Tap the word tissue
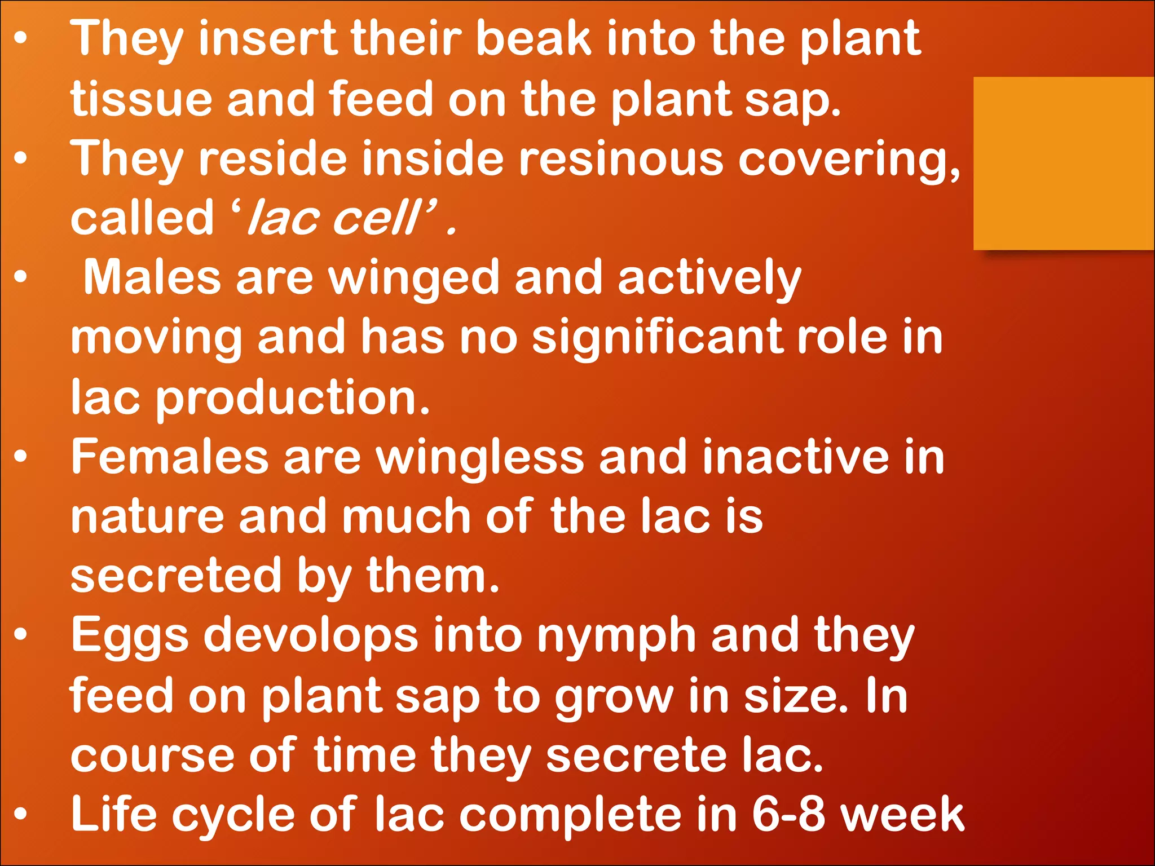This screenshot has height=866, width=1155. [141, 99]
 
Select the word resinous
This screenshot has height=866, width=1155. [620, 159]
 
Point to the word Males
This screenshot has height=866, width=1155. [152, 278]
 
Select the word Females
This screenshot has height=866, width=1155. [170, 457]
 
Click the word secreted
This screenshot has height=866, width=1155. [175, 576]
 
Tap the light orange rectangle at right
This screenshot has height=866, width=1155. [1064, 164]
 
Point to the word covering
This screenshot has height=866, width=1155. [849, 160]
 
